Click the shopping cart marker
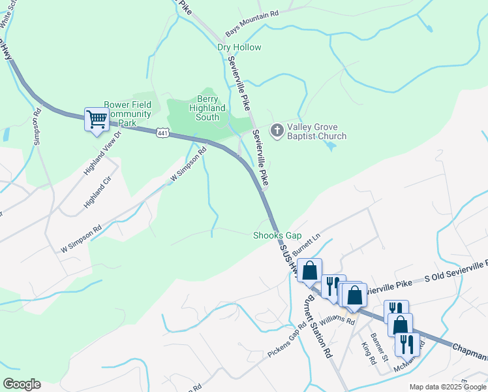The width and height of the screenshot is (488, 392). tap(97, 120)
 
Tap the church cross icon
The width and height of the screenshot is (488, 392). tap(277, 131)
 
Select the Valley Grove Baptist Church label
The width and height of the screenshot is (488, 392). tap(316, 131)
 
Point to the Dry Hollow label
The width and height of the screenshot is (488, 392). tap(239, 48)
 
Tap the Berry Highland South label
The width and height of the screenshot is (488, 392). tap(207, 108)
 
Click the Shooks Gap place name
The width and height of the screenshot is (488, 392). tap(277, 235)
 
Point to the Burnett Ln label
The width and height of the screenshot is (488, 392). tap(308, 247)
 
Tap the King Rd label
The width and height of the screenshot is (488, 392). tap(368, 351)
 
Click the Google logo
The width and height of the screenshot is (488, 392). tap(22, 384)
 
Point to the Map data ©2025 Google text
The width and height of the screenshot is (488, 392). tap(448, 387)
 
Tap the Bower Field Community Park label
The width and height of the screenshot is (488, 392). tap(128, 114)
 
